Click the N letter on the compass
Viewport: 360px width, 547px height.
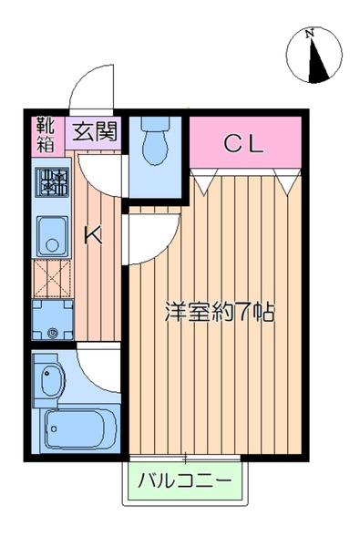pyautogui.click(x=311, y=34)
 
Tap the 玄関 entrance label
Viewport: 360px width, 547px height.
pyautogui.click(x=94, y=131)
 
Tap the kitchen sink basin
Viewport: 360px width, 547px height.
pyautogui.click(x=51, y=239)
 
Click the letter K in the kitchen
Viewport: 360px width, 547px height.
pyautogui.click(x=93, y=235)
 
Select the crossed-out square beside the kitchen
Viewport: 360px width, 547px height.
pyautogui.click(x=50, y=280)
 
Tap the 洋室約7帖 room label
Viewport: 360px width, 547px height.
pyautogui.click(x=219, y=311)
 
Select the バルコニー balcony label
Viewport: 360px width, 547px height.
pyautogui.click(x=185, y=480)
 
